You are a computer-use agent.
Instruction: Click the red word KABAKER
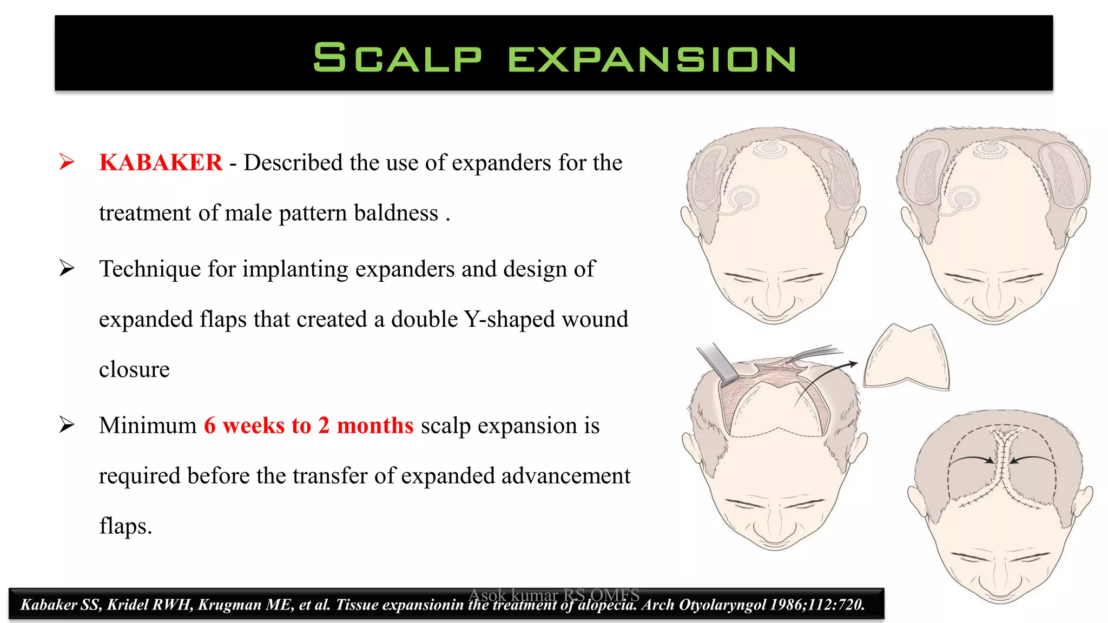(x=161, y=163)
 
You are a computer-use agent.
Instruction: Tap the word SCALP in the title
(x=397, y=58)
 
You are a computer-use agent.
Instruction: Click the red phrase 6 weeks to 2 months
(x=308, y=426)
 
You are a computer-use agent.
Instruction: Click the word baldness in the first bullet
(x=396, y=213)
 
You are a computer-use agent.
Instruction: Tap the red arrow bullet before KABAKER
(x=67, y=162)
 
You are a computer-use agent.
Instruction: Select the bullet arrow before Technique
(x=67, y=268)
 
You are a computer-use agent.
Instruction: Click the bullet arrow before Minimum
(x=67, y=425)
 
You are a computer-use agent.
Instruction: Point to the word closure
(x=134, y=369)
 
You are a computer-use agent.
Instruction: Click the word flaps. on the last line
(x=126, y=526)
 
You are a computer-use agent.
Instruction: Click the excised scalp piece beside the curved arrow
(x=906, y=360)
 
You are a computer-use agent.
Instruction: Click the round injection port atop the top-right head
(x=990, y=148)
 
